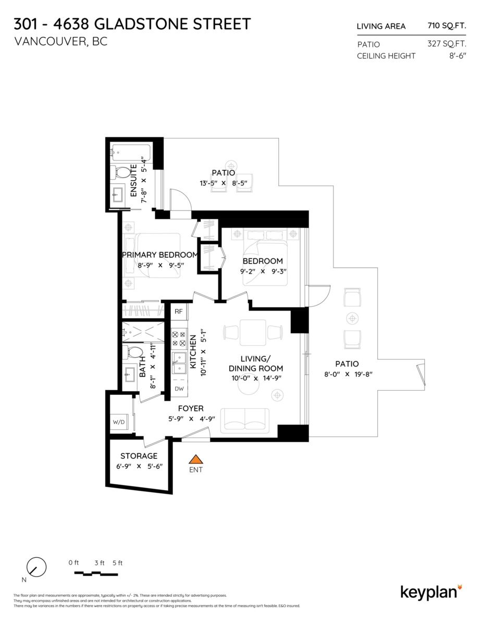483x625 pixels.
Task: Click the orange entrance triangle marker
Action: pos(195,459)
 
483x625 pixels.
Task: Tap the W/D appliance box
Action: pos(118,422)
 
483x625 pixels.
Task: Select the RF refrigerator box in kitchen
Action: pos(179,311)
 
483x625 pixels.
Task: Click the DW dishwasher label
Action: pos(179,389)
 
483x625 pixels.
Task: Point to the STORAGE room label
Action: pos(139,456)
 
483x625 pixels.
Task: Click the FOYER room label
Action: pos(191,408)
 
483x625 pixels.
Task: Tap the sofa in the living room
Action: pos(245,420)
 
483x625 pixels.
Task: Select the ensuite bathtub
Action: pos(130,153)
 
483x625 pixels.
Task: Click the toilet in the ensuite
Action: pos(123,172)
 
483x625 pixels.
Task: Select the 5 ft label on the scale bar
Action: pos(117,562)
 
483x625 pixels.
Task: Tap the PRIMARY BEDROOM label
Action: pos(160,255)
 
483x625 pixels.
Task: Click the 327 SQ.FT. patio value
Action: pos(447,44)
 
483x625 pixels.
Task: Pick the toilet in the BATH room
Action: pos(134,353)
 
